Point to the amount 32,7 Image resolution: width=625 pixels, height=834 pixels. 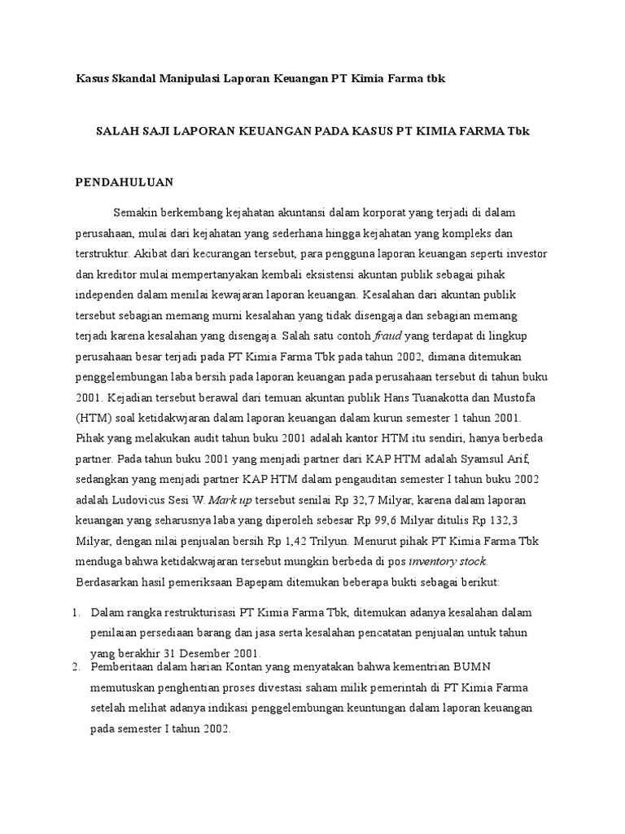tap(350, 499)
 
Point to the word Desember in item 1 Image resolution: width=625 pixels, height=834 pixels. tap(216, 652)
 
